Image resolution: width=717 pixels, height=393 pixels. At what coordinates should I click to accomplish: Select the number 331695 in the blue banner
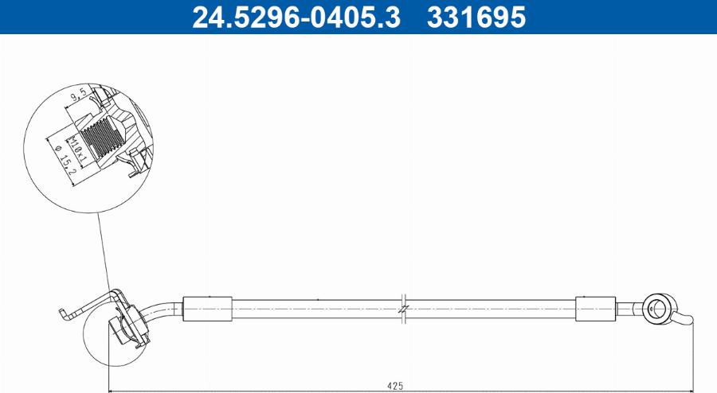476,17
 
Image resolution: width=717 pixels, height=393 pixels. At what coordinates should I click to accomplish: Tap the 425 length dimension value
395,385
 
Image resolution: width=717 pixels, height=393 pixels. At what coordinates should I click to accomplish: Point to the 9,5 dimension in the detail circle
80,99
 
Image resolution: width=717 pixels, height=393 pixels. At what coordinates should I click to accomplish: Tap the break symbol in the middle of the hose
404,308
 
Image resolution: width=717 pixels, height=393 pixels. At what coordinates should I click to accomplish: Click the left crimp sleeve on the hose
207,308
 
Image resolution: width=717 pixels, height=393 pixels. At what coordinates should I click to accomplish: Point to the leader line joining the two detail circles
104,255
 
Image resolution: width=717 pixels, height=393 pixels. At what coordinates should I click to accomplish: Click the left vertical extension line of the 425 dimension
109,358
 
